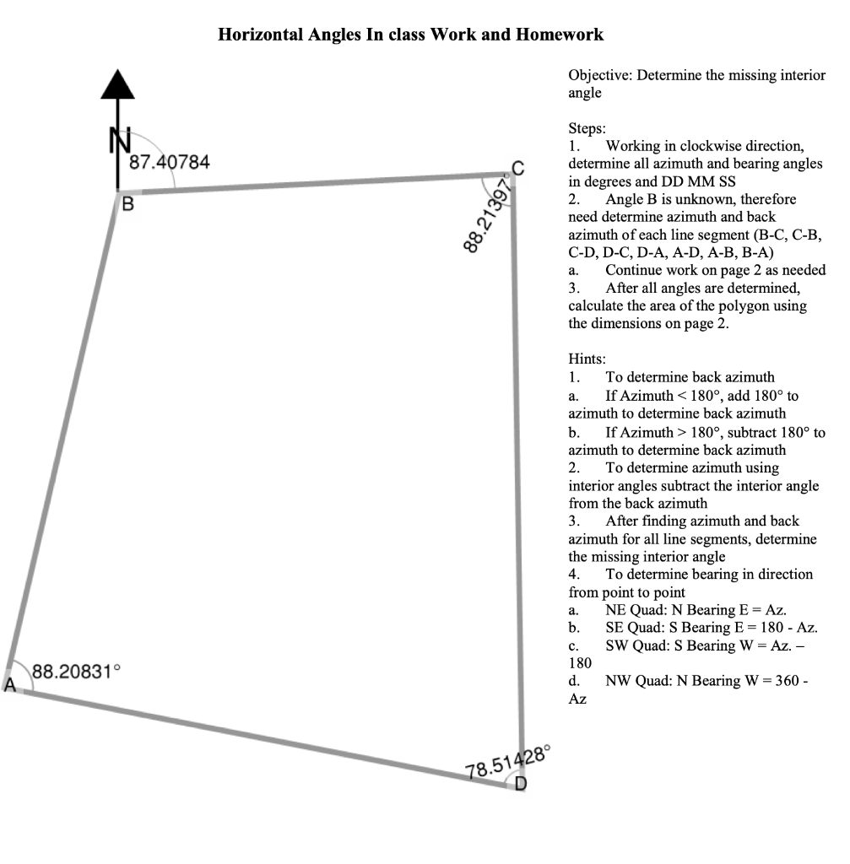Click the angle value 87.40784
(x=170, y=161)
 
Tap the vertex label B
(x=127, y=203)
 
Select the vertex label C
(x=518, y=166)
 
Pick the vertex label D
(x=521, y=783)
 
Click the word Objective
(x=600, y=75)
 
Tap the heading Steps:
(x=587, y=129)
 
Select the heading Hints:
(x=587, y=359)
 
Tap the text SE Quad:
(x=634, y=628)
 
